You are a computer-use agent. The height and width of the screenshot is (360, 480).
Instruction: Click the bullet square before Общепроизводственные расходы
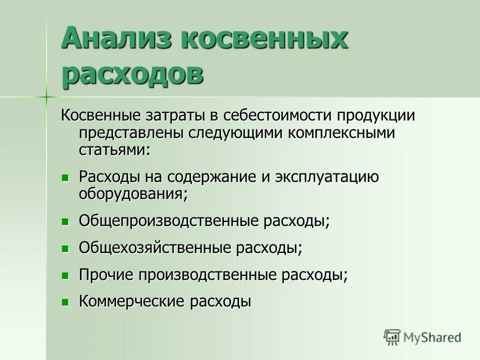click(x=64, y=221)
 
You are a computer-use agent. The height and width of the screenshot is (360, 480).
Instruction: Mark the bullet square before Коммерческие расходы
click(x=64, y=302)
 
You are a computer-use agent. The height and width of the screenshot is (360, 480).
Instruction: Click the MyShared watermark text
click(x=433, y=337)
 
